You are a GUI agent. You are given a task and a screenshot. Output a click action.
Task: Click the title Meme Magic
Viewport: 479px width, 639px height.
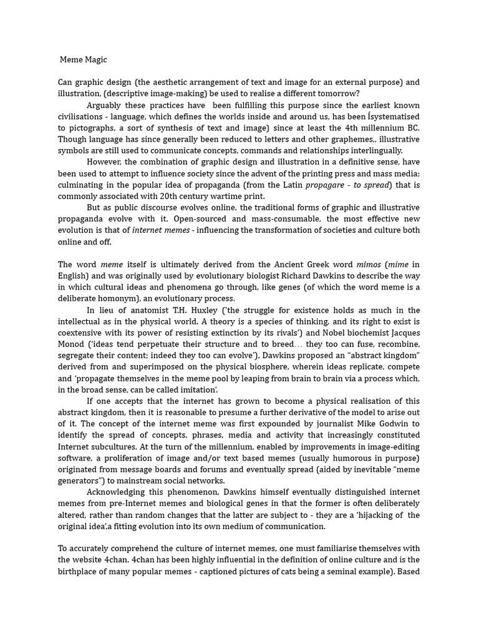(84, 60)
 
